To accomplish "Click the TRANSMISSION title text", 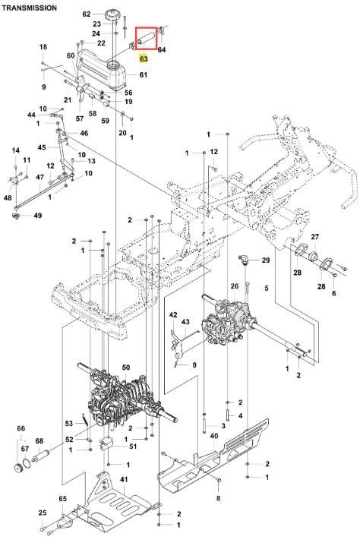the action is click(29, 8).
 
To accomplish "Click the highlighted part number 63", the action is click(144, 58).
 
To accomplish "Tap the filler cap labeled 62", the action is click(112, 16).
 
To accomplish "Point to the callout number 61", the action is click(144, 74).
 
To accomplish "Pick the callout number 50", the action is click(126, 368).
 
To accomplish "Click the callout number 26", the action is click(234, 286).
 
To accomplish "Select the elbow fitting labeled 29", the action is click(244, 260).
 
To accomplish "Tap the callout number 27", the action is click(315, 237).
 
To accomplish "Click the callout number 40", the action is click(214, 436).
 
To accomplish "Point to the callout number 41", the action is click(124, 479).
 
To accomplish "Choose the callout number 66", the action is click(21, 428).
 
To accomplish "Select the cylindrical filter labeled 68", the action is click(40, 457).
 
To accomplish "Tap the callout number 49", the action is click(37, 215).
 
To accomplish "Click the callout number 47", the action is click(40, 177).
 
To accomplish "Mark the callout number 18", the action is click(43, 46).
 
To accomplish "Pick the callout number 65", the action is click(63, 498).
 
